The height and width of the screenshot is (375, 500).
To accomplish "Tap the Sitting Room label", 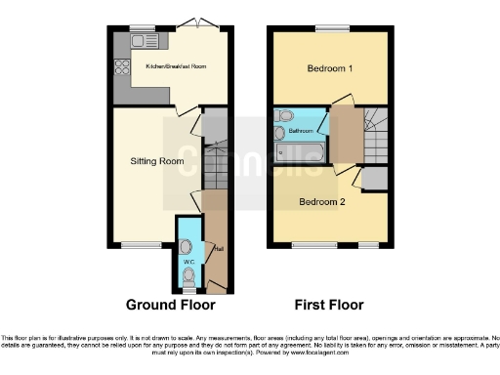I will [x=158, y=160].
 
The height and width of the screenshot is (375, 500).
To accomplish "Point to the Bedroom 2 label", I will [x=322, y=202].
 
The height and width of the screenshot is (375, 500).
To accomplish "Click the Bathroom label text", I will [x=302, y=130].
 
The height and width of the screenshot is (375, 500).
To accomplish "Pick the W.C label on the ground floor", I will [x=188, y=263].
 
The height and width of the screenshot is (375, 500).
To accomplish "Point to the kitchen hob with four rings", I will [x=123, y=67].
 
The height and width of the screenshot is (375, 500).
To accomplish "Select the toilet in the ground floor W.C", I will [x=189, y=277].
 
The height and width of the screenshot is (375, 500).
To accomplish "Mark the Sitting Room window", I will [x=137, y=245].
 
